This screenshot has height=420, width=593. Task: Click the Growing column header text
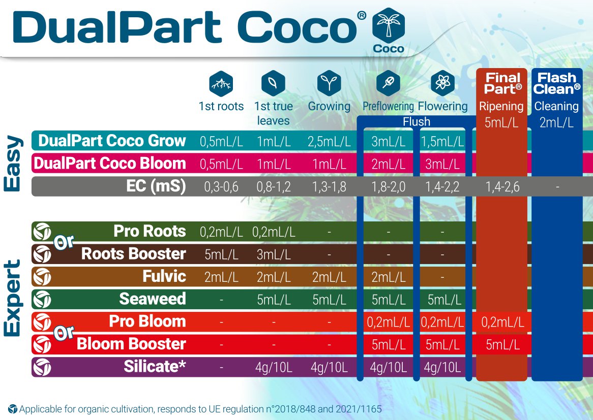tap(329, 107)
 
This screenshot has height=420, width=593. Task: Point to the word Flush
tap(416, 122)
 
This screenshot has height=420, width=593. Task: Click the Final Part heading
tap(502, 83)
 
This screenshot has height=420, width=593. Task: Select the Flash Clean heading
tap(557, 83)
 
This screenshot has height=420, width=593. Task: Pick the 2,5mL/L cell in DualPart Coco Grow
tap(329, 142)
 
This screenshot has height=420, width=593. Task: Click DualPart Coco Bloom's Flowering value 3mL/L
tap(442, 165)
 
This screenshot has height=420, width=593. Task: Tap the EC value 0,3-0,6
tap(221, 187)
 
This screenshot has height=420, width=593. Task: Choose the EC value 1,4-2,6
tap(502, 187)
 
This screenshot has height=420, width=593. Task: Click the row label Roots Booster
tap(133, 254)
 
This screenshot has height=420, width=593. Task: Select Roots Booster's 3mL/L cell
tap(273, 254)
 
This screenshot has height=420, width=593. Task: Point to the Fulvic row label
tap(164, 277)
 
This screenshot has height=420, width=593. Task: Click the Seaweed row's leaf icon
tap(42, 299)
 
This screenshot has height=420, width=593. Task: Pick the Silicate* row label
tap(155, 367)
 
